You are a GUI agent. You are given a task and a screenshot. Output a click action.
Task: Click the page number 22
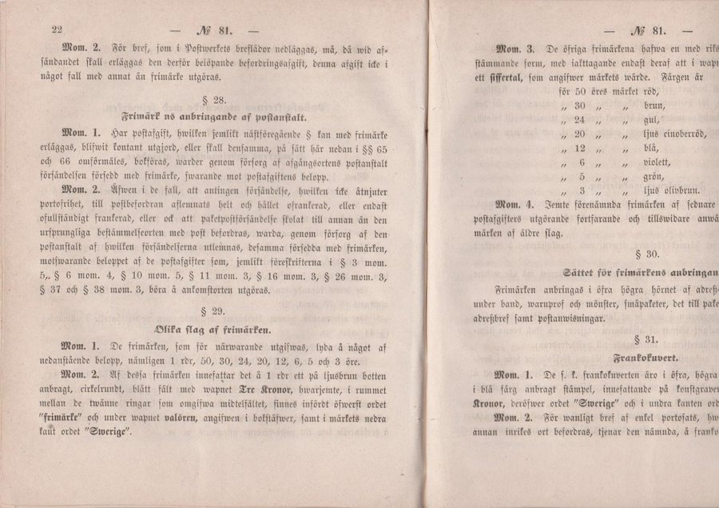tap(57, 30)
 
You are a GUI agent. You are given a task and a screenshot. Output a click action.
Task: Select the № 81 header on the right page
tap(647, 31)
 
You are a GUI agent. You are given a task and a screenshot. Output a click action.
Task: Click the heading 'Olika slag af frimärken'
tap(217, 329)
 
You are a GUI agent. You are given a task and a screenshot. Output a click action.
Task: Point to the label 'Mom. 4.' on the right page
tap(517, 205)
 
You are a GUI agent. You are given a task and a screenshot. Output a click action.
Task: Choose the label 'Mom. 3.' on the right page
tap(518, 49)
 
